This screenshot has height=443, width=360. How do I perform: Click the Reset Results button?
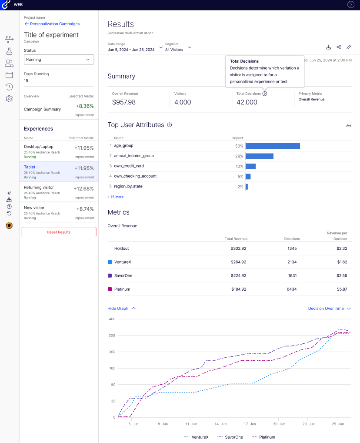pyautogui.click(x=59, y=232)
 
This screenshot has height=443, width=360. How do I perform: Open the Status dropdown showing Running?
pyautogui.click(x=59, y=60)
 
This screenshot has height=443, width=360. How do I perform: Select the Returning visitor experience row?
pyautogui.click(x=59, y=192)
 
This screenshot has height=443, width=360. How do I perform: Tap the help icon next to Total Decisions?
pyautogui.click(x=265, y=94)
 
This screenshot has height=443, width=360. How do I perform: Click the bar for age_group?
pyautogui.click(x=273, y=146)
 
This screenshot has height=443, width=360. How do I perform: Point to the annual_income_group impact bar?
pyautogui.click(x=260, y=156)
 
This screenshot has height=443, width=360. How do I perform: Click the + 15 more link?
pyautogui.click(x=116, y=197)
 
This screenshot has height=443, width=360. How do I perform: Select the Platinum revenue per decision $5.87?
pyautogui.click(x=341, y=289)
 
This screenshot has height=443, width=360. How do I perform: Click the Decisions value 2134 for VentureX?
pyautogui.click(x=292, y=262)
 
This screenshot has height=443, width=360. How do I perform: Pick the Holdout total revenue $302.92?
pyautogui.click(x=239, y=248)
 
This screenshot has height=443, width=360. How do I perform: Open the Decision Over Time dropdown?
pyautogui.click(x=329, y=309)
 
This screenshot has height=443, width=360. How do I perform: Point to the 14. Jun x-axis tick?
pyautogui.click(x=220, y=423)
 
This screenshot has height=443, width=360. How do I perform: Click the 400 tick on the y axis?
pyautogui.click(x=112, y=319)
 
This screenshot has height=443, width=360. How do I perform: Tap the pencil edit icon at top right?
pyautogui.click(x=349, y=47)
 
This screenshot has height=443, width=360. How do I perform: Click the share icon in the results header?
pyautogui.click(x=339, y=47)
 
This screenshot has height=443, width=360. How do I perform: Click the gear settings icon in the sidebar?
pyautogui.click(x=9, y=99)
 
